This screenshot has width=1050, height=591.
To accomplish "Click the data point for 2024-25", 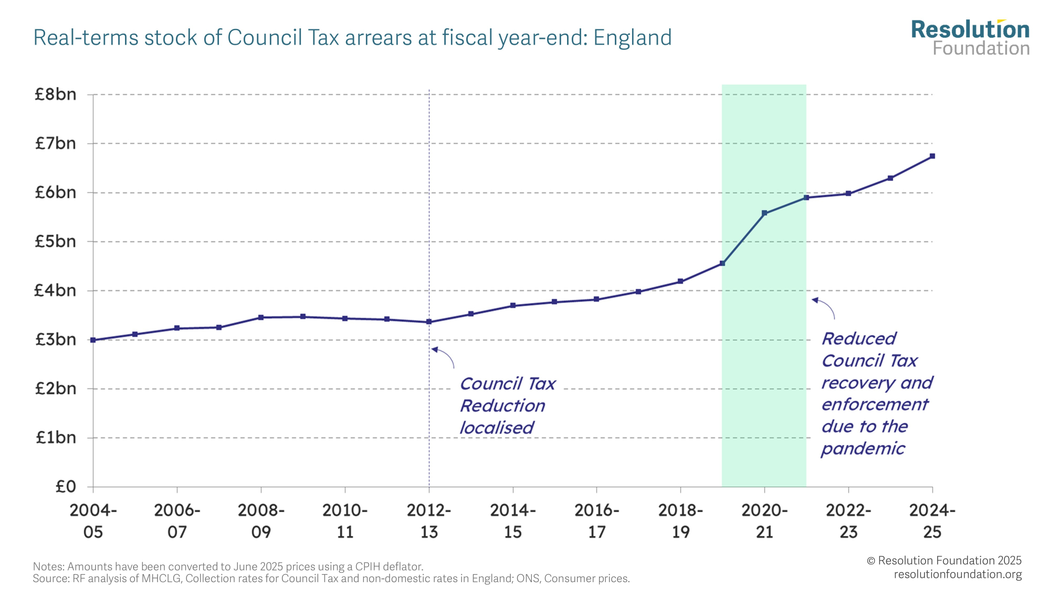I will (x=932, y=156).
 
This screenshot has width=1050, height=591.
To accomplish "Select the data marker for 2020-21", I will (x=764, y=213).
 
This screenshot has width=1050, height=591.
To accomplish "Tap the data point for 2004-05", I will (x=93, y=340).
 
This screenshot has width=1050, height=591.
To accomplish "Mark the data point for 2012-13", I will (x=429, y=322).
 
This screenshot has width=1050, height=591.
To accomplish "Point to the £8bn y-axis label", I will (x=55, y=95).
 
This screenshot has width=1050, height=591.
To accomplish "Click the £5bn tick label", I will (x=55, y=242).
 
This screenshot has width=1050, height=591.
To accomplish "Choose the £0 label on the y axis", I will (x=66, y=486).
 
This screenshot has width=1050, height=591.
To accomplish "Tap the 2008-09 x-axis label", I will (x=261, y=521).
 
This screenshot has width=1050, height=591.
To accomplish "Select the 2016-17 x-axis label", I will (x=596, y=521).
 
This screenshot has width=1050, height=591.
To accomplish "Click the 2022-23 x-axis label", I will (x=848, y=521).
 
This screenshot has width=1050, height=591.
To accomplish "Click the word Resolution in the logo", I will (x=970, y=30).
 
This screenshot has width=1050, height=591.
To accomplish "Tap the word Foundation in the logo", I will (x=981, y=48).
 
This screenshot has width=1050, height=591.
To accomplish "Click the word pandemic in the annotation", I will (x=863, y=449).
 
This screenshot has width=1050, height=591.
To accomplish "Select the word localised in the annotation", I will (x=497, y=428).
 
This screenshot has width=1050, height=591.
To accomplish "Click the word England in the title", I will (x=632, y=38).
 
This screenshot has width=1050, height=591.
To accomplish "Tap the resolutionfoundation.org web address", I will (x=958, y=574).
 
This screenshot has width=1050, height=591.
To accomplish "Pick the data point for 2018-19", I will (x=680, y=282).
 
